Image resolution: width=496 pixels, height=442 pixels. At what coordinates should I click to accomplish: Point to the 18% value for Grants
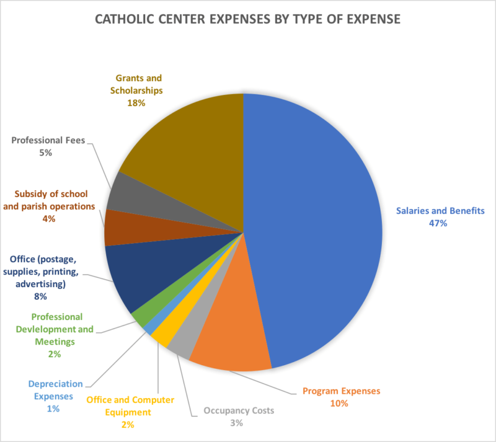pos(136,103)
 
